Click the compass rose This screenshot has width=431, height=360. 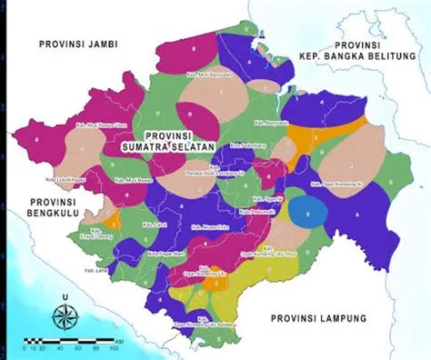coord(64,317)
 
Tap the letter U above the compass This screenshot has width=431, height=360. coord(64,296)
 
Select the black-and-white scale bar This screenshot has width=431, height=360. coord(59,342)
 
